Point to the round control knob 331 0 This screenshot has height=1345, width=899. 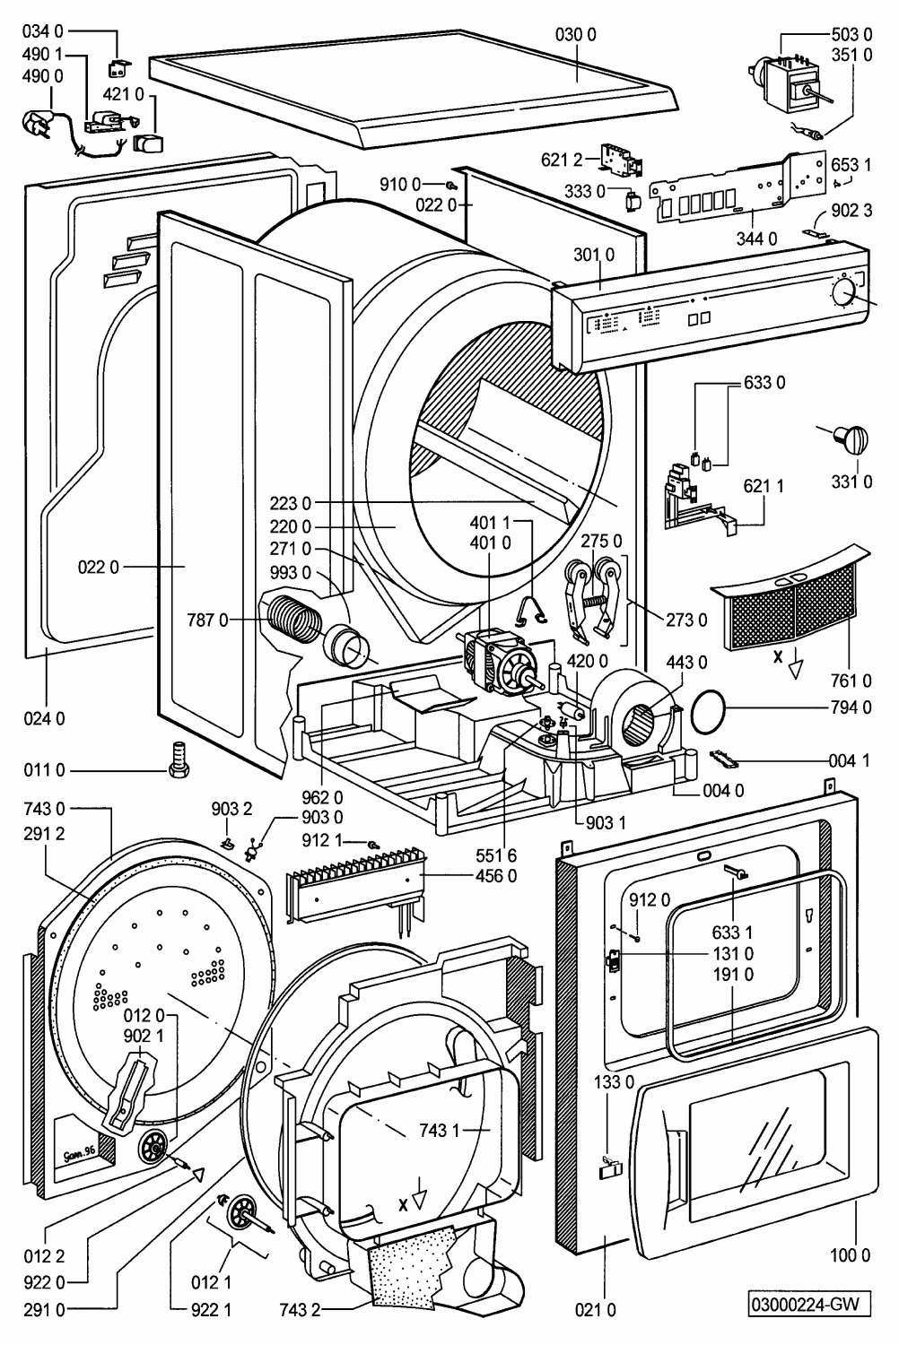click(850, 438)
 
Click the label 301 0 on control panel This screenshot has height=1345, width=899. click(594, 255)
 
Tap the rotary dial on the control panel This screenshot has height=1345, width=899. click(842, 291)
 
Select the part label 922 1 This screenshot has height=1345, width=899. click(212, 1310)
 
